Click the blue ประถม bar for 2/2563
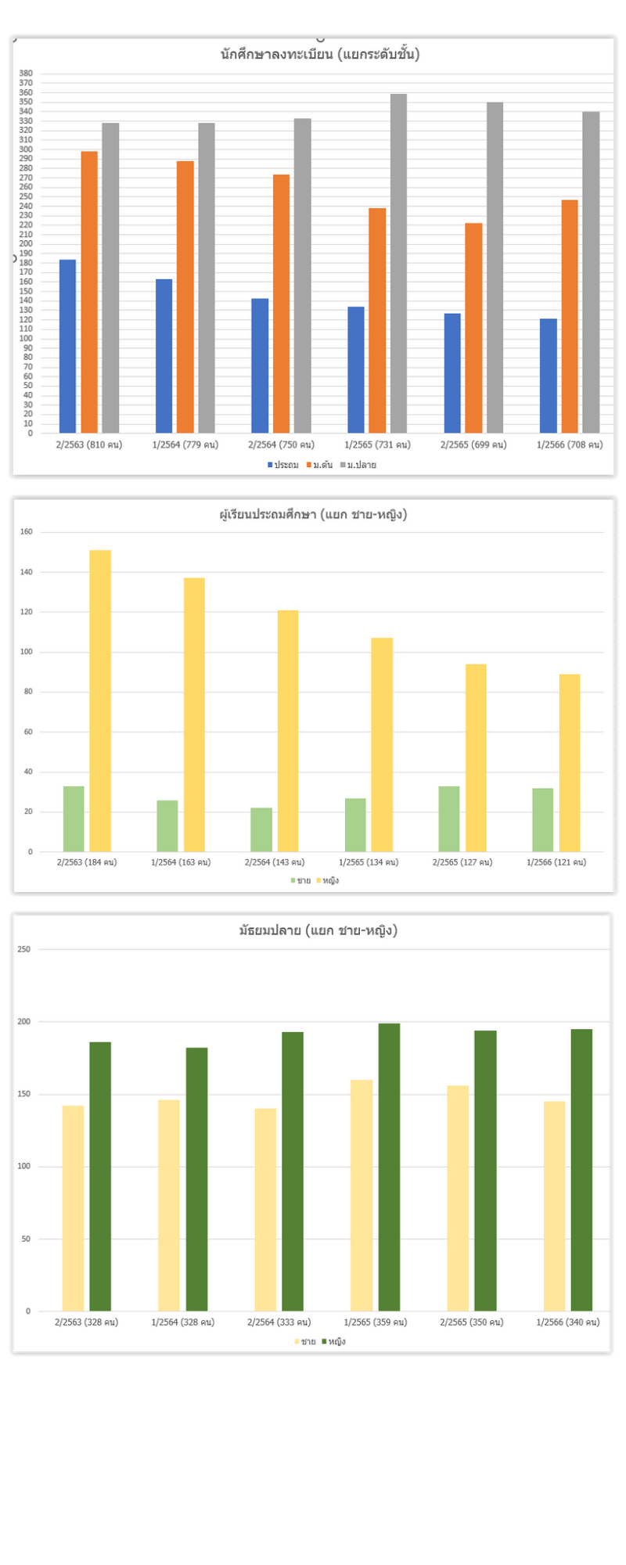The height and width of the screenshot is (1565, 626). pyautogui.click(x=67, y=346)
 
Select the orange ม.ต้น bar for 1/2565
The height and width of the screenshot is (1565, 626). pyautogui.click(x=377, y=320)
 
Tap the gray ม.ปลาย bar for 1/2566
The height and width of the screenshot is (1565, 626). pyautogui.click(x=591, y=272)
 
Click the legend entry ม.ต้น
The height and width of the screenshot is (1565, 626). pyautogui.click(x=319, y=465)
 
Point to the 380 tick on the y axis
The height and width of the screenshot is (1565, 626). pyautogui.click(x=27, y=74)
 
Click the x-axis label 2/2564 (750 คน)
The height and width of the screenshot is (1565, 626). pyautogui.click(x=281, y=444)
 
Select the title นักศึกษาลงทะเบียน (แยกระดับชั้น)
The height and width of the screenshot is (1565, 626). pyautogui.click(x=320, y=54)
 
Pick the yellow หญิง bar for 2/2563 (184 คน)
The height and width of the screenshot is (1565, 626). pyautogui.click(x=100, y=700)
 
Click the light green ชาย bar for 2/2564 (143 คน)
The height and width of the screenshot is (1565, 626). pyautogui.click(x=261, y=829)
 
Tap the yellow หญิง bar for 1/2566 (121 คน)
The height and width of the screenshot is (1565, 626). pyautogui.click(x=570, y=762)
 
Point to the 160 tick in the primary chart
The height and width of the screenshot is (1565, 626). pyautogui.click(x=27, y=532)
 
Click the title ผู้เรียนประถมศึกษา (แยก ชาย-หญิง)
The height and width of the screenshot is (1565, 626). pyautogui.click(x=313, y=514)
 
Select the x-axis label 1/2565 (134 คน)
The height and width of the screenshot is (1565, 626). pyautogui.click(x=369, y=862)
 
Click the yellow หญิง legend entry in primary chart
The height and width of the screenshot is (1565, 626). pyautogui.click(x=328, y=880)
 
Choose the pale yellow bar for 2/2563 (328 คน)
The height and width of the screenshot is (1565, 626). pyautogui.click(x=73, y=1208)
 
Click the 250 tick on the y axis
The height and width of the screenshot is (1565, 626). pyautogui.click(x=24, y=949)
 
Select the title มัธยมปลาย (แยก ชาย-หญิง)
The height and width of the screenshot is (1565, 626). pyautogui.click(x=318, y=930)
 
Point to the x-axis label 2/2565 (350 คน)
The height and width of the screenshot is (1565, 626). pyautogui.click(x=471, y=1322)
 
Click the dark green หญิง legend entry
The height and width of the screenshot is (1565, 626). pyautogui.click(x=333, y=1341)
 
